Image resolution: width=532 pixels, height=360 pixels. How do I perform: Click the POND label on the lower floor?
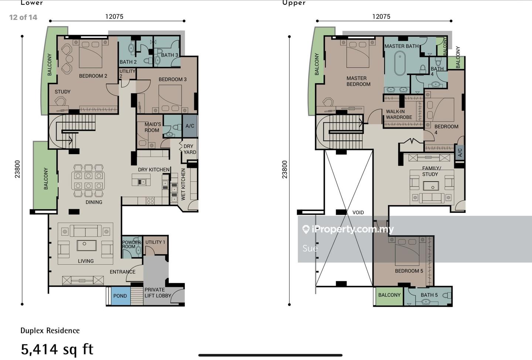[120, 296]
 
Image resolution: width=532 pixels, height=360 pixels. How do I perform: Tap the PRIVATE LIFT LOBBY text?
[158, 292]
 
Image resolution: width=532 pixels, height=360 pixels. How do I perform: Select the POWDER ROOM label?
[131, 244]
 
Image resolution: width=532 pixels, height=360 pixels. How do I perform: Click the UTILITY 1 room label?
[155, 242]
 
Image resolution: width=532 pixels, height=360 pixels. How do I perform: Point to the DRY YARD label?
[190, 149]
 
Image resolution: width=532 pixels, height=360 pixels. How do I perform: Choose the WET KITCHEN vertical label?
[183, 184]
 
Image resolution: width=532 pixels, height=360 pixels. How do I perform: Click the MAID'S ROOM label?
[153, 127]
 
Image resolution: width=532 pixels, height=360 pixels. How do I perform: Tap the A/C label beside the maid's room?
[190, 126]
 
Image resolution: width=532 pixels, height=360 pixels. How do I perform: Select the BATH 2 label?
[128, 62]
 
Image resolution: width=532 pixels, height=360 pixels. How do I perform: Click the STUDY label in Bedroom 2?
[62, 92]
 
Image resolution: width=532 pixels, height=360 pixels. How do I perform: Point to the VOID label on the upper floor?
[358, 213]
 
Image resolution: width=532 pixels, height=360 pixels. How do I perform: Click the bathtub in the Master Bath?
[400, 63]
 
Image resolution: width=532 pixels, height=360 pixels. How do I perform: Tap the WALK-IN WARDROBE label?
[399, 114]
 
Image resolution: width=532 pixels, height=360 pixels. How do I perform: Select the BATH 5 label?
[429, 295]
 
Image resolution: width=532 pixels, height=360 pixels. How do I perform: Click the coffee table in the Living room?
[86, 245]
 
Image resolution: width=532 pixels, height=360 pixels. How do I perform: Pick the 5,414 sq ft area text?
[57, 350]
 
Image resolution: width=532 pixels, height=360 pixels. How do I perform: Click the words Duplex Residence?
[50, 330]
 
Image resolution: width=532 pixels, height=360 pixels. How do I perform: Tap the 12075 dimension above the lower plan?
[114, 17]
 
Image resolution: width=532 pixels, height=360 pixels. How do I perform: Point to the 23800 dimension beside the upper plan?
[284, 169]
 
